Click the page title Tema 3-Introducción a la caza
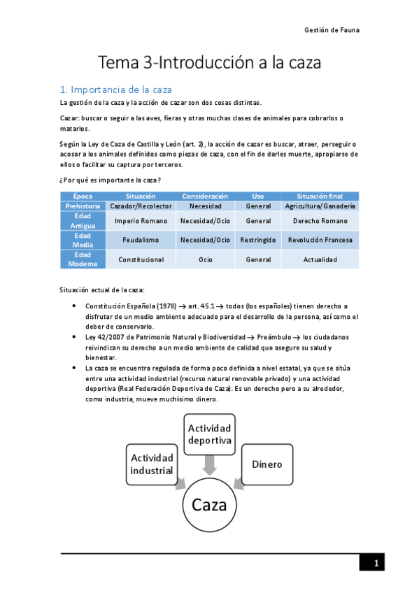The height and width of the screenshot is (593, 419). tap(209, 63)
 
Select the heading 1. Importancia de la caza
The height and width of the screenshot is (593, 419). tap(116, 90)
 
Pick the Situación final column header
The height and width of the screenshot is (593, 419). tap(320, 197)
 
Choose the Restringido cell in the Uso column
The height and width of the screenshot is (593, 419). tap(258, 240)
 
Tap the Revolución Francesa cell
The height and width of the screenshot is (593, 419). tap(320, 240)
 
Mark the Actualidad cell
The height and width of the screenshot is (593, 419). tap(320, 259)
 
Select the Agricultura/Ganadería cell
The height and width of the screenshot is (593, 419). tap(320, 206)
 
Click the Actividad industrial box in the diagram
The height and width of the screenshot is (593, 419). tap(152, 464)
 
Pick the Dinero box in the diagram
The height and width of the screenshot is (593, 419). tap(267, 464)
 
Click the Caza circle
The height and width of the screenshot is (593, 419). tap(210, 504)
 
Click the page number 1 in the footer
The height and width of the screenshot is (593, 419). tap(376, 564)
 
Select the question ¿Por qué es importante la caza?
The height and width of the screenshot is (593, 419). tap(111, 181)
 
